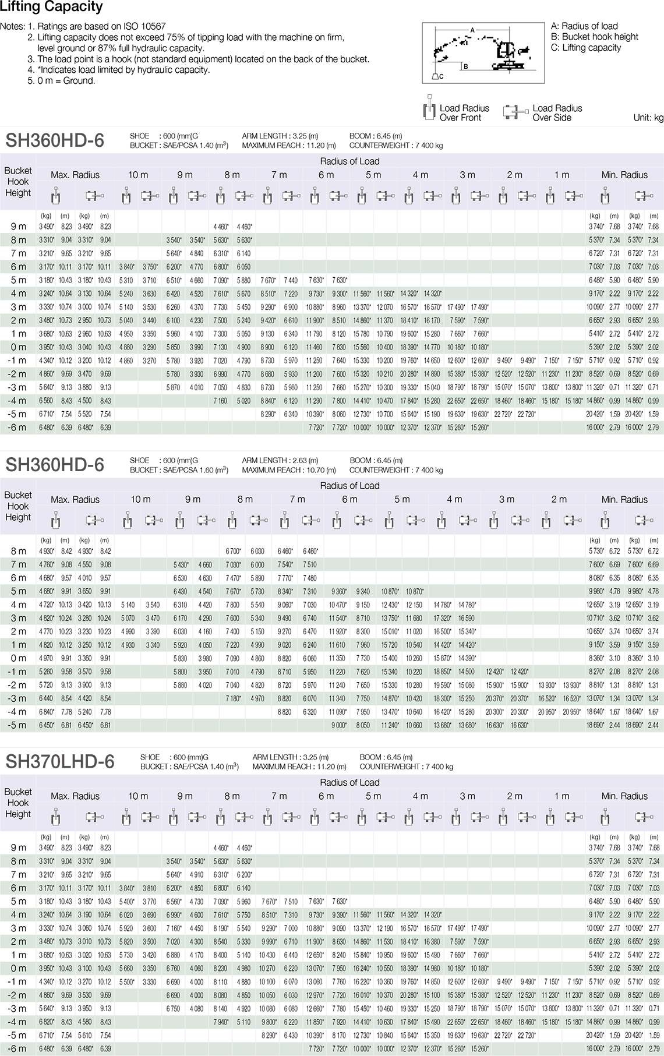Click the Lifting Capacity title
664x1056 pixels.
tap(51, 7)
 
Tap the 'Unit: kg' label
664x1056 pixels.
tap(648, 118)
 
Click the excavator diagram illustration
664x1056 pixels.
tap(483, 53)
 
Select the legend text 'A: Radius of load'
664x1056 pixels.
tap(584, 26)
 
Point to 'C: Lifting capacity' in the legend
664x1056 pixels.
tap(586, 48)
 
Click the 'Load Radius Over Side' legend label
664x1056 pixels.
tap(557, 113)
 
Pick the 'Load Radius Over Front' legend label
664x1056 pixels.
tap(464, 113)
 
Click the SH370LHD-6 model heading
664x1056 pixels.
tap(61, 761)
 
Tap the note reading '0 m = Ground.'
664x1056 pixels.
tap(66, 80)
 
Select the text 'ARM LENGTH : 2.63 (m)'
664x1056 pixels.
tap(280, 460)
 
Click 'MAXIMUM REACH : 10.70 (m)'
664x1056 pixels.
tap(289, 469)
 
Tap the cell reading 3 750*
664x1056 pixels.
tap(150, 267)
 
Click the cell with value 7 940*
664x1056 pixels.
tap(221, 1022)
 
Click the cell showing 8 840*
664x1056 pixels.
tap(268, 401)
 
